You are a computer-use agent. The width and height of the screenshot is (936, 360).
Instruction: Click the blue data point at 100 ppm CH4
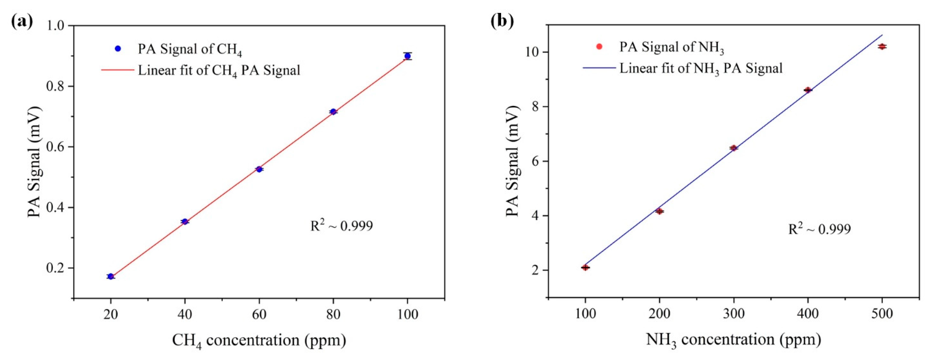407,56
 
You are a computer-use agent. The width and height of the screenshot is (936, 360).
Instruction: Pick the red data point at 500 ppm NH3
882,56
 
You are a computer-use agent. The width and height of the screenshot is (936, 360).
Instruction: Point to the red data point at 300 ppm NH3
734,148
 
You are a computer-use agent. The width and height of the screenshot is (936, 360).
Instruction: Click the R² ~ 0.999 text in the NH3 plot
819,229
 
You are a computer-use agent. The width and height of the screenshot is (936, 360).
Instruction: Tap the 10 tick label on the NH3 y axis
531,52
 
